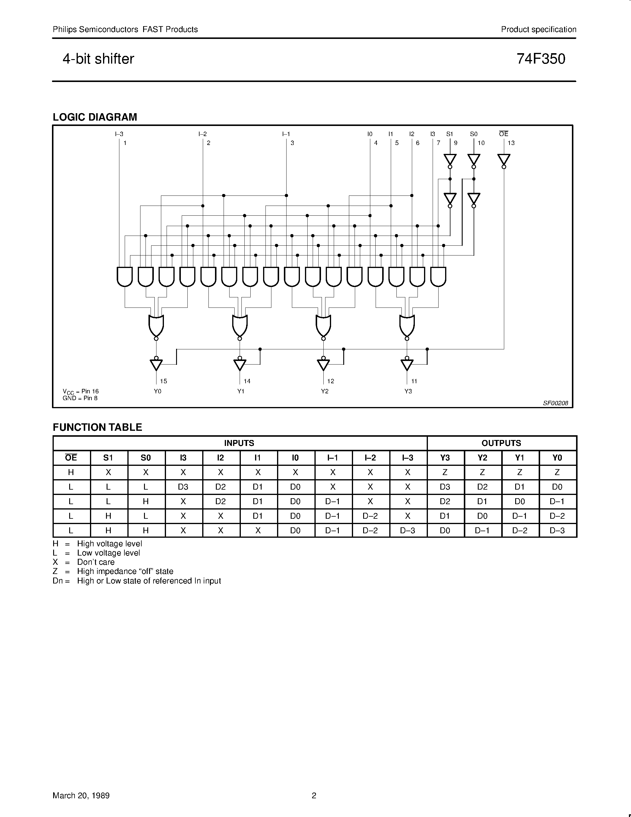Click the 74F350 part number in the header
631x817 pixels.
point(541,59)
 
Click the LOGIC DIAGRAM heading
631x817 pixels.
point(95,117)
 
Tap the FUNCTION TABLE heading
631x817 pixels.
point(97,427)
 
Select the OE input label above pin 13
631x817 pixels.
point(504,134)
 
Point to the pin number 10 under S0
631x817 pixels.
point(481,143)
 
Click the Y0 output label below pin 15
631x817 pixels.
point(157,391)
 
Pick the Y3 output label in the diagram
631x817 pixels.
point(408,391)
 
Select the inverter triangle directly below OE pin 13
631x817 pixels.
point(504,160)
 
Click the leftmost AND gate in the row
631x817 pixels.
point(124,277)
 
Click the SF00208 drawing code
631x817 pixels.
point(556,403)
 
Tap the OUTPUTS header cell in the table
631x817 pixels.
point(501,443)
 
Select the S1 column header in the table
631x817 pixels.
point(108,458)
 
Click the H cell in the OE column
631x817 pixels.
point(71,472)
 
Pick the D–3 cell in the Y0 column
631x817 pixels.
point(557,530)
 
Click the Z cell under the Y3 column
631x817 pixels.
point(445,472)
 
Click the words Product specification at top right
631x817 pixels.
point(538,29)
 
